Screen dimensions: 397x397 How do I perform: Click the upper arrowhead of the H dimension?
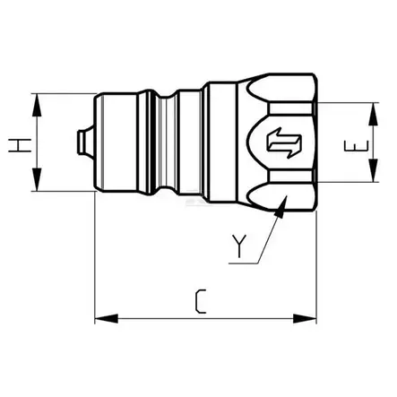point(37,99)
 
